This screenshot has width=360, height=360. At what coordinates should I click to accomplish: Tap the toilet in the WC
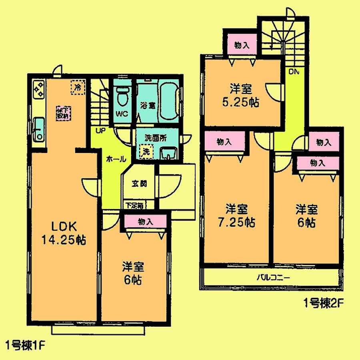122,96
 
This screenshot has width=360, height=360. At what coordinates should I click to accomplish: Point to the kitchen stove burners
39,90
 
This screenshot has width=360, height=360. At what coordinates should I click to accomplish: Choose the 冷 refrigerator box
78,87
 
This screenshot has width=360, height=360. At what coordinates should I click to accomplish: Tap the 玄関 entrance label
139,184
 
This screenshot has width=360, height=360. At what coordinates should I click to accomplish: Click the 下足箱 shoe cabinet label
132,205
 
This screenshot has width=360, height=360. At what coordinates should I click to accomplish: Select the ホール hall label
116,159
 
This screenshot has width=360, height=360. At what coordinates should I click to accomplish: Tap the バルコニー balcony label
273,278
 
